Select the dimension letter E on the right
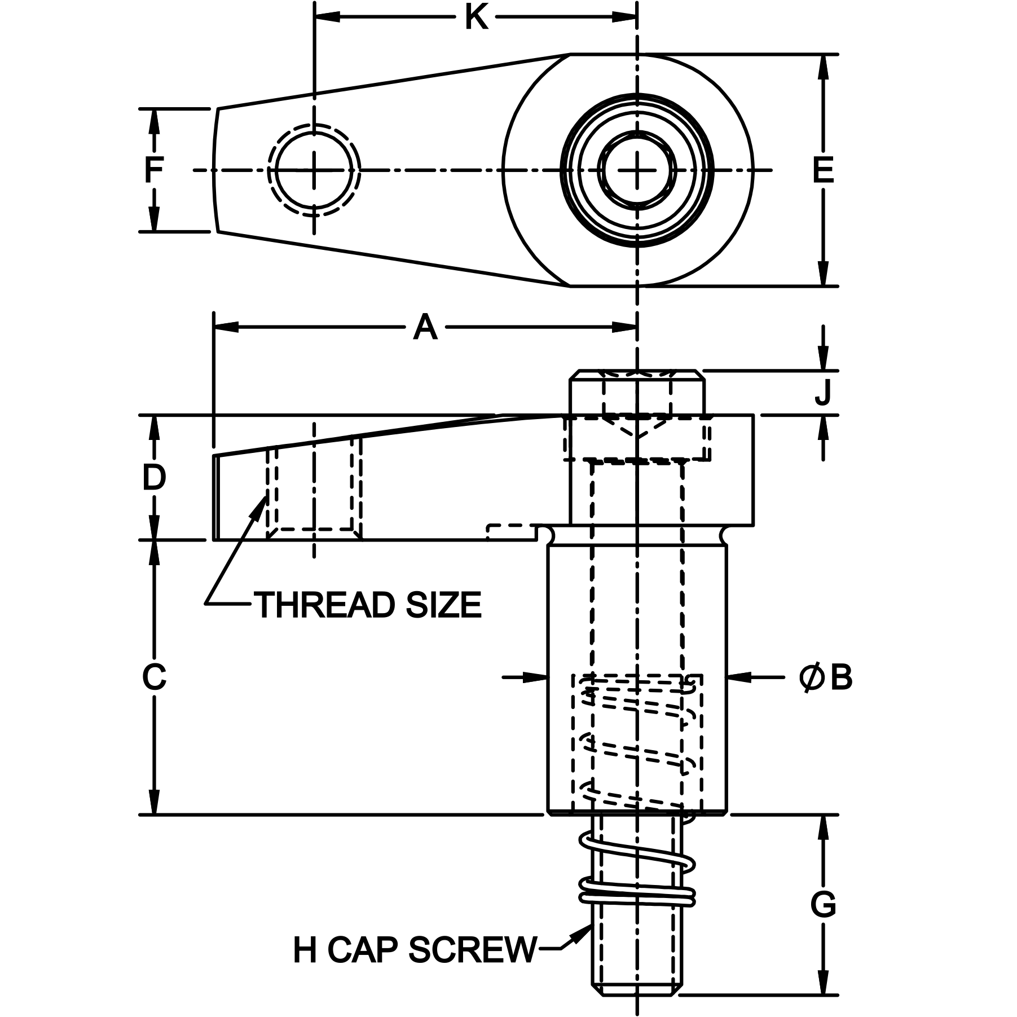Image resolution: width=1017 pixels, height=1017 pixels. (823, 170)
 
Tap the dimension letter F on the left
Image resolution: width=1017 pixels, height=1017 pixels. (153, 170)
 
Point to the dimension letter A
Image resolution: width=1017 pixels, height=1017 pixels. (425, 328)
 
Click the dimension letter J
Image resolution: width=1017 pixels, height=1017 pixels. (823, 393)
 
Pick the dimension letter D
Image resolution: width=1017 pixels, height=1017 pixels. (153, 478)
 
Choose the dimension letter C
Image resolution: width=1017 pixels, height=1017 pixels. (153, 677)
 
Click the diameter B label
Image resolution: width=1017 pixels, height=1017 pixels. (826, 677)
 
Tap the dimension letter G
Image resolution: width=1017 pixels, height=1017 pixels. (823, 920)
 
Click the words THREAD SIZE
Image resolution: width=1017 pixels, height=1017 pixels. (369, 605)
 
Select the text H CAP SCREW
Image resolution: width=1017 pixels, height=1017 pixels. (415, 950)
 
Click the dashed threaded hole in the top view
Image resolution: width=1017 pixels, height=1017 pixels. (314, 170)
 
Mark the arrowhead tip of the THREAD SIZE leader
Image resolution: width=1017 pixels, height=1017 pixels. (267, 495)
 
